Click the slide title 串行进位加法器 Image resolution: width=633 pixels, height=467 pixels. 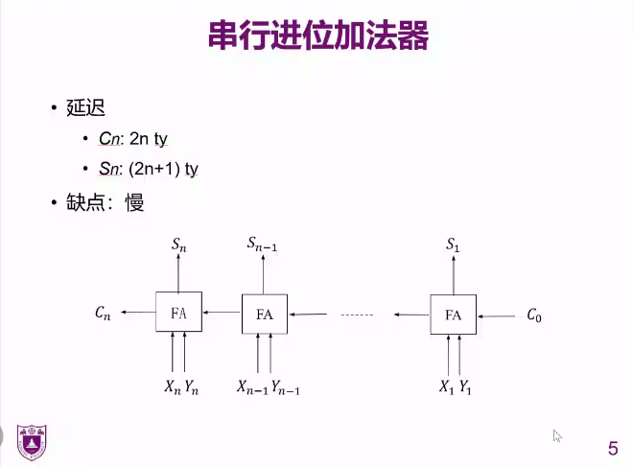316,36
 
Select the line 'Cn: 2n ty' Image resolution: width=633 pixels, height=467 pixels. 133,139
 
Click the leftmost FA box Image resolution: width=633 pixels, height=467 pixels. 178,313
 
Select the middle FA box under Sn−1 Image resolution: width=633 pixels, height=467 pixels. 265,314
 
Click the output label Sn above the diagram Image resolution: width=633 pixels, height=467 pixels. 179,245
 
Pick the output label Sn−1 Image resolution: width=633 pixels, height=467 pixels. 267,246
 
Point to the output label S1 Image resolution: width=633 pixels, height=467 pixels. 454,246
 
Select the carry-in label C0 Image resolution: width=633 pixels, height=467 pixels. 534,315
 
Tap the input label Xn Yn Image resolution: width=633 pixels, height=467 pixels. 179,387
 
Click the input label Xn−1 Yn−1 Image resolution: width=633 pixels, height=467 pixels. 269,387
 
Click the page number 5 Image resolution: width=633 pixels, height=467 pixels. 613,448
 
